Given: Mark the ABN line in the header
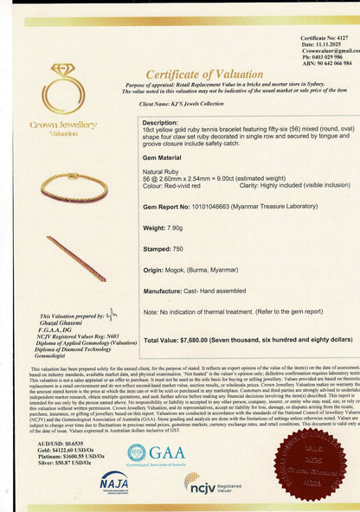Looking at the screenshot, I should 326,63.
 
